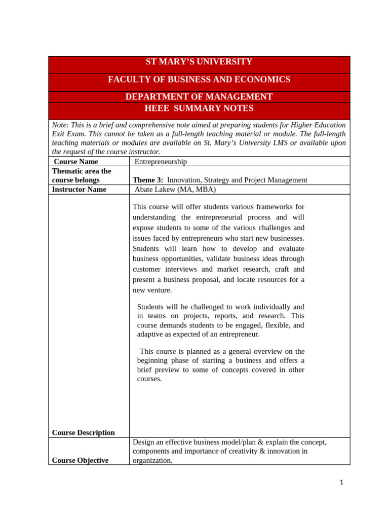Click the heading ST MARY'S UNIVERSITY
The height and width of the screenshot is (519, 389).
point(199,62)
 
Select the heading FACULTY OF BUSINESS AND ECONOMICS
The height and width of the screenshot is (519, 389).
point(199,80)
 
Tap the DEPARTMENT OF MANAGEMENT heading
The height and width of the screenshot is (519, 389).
point(199,97)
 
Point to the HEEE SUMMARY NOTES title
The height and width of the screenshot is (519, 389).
point(199,108)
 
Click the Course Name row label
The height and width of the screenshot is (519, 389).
point(75,162)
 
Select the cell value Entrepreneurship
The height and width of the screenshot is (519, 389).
point(161,162)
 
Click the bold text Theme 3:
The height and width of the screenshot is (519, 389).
point(147,180)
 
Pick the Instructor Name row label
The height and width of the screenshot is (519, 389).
point(79,190)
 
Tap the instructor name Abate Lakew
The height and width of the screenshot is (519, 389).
point(155,190)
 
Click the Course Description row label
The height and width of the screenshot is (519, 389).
point(83,433)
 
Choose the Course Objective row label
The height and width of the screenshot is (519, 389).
point(80,461)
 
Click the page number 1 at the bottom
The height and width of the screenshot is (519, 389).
point(341,483)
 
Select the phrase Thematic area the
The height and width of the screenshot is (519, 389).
point(81,171)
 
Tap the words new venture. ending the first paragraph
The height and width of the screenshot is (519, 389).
point(152,290)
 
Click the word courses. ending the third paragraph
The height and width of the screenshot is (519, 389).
point(149,379)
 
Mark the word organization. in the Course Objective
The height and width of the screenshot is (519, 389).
point(152,461)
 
